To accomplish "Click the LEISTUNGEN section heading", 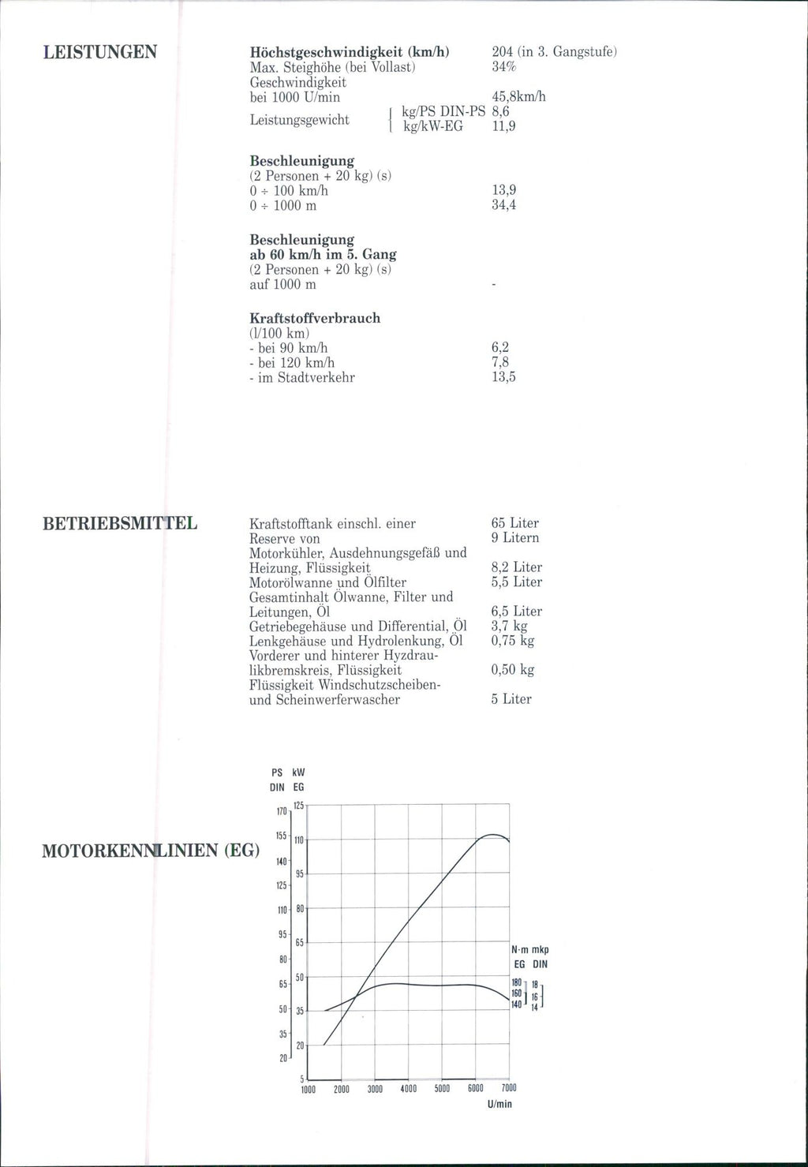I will (x=99, y=52).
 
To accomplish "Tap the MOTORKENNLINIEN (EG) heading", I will (x=150, y=851).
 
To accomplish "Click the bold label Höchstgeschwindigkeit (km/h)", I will (x=350, y=52).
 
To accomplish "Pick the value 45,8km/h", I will (x=518, y=97).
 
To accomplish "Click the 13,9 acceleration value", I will (x=503, y=190).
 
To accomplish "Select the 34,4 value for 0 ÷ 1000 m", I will (x=503, y=205).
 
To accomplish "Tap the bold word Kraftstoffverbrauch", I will (x=315, y=318).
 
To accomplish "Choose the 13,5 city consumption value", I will (x=503, y=377).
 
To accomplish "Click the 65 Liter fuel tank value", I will (x=514, y=523).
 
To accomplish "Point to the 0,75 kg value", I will (x=512, y=641).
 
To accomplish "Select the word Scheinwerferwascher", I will (x=338, y=699).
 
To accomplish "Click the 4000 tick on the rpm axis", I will (x=409, y=1089).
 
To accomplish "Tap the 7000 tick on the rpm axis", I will (x=508, y=1089).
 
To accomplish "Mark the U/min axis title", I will (x=499, y=1104).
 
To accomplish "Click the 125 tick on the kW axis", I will (x=299, y=805).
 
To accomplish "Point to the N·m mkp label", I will (x=530, y=950).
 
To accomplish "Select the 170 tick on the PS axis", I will (x=281, y=811).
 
